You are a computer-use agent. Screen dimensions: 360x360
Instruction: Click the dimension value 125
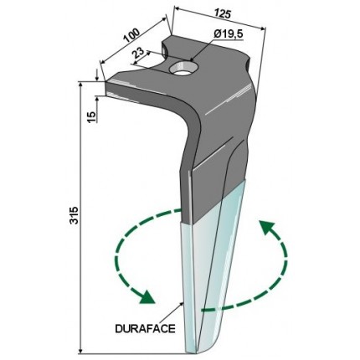[x=223, y=13]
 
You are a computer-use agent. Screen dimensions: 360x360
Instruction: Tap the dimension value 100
[x=131, y=35]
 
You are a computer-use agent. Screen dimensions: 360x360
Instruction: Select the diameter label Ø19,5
[x=229, y=34]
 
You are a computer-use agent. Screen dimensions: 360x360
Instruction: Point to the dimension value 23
[x=139, y=53]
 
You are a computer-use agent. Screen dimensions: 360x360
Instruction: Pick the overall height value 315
[x=74, y=215]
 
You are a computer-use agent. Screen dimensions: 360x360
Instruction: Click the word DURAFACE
[x=145, y=328]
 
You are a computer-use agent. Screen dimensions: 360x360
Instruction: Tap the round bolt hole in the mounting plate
[x=184, y=69]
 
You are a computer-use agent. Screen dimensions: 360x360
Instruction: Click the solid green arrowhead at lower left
[x=146, y=297]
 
